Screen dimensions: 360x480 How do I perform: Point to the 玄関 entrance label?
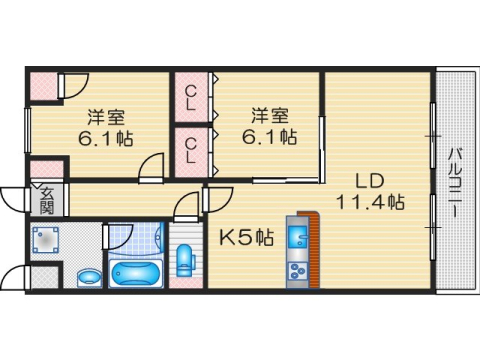pyautogui.click(x=47, y=200)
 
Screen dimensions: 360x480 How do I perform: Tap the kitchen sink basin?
pyautogui.click(x=297, y=239)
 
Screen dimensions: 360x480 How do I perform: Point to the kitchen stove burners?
pyautogui.click(x=297, y=269)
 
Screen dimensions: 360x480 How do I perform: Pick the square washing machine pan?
pyautogui.click(x=46, y=240)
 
